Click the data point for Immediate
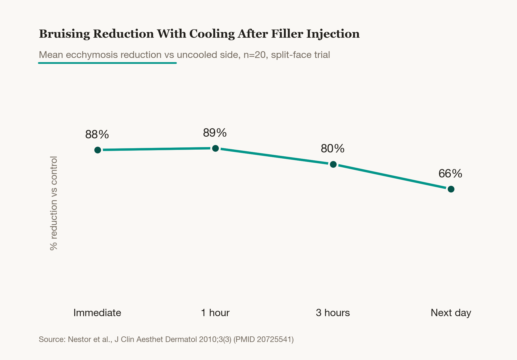pos(98,150)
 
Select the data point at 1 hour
pos(215,148)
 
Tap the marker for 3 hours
pos(333,164)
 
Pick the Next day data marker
pos(451,189)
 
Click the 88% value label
pos(97,134)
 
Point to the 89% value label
pos(215,133)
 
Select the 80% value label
pos(333,148)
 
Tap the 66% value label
pos(450,174)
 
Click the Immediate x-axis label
pos(97,313)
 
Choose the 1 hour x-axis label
pos(215,313)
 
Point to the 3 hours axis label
pos(333,313)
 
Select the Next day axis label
pos(451,313)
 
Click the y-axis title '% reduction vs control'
pos(53,203)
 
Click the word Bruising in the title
pos(64,34)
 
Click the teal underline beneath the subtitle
pos(107,63)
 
